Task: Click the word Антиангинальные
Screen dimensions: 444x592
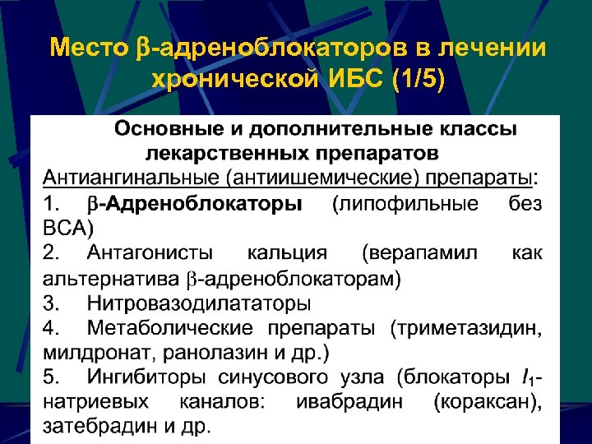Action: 128,178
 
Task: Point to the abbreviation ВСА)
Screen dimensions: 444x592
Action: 69,227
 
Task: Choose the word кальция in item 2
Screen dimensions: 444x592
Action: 287,252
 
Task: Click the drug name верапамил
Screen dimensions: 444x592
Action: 419,252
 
